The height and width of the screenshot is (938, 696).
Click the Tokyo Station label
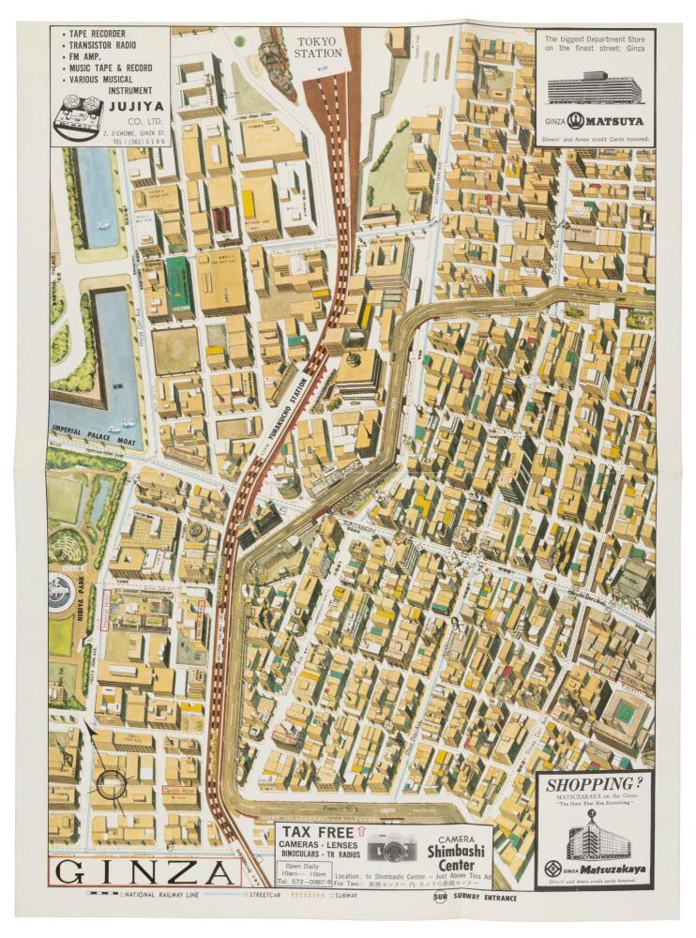[319, 47]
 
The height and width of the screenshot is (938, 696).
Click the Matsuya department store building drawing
[595, 88]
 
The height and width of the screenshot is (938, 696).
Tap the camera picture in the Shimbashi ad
[391, 849]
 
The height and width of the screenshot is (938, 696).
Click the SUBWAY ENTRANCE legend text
[483, 897]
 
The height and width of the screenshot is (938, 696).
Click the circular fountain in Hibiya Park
[64, 594]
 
